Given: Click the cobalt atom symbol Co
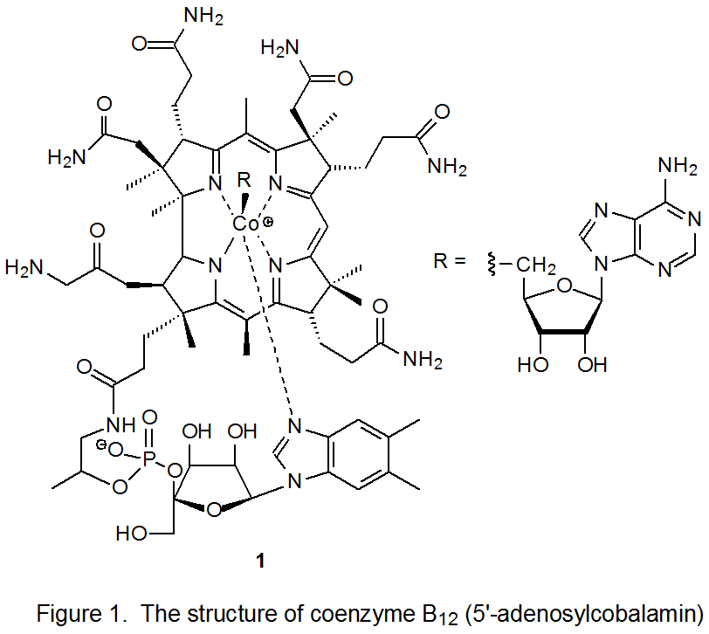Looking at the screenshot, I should (245, 224).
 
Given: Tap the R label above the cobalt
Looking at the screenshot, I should (244, 181).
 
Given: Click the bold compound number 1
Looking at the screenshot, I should (259, 563).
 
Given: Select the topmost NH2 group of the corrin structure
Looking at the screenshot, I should (203, 15).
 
